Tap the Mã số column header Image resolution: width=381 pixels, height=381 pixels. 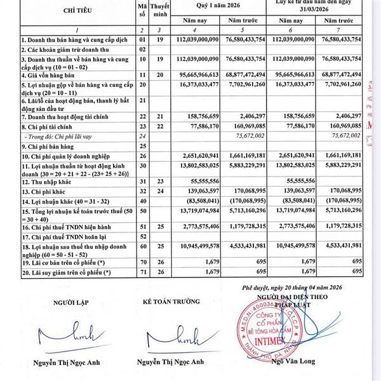click(142, 11)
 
